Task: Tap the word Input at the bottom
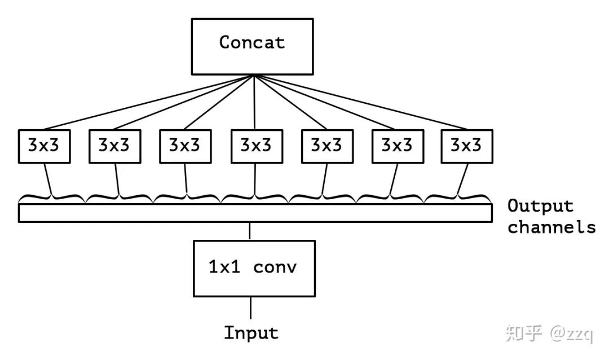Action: [251, 332]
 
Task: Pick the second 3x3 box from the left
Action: [114, 146]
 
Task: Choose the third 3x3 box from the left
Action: [185, 146]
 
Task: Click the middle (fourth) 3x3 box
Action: [256, 146]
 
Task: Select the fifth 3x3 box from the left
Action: [326, 146]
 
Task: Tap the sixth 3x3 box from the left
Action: [398, 146]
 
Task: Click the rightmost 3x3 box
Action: [466, 146]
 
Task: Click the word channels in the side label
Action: [551, 227]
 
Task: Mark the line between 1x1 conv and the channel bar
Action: [250, 231]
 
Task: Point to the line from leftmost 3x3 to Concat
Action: [147, 102]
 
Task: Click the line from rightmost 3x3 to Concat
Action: [361, 102]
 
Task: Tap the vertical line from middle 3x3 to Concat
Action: [255, 102]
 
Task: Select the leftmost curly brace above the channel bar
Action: [52, 197]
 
